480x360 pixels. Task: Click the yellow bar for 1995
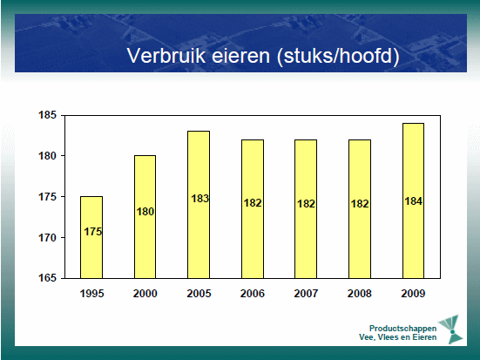91,237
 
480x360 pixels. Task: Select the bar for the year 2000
145,217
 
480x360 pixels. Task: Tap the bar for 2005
199,205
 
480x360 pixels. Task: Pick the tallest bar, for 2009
413,200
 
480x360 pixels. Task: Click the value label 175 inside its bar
92,232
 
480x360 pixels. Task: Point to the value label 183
199,199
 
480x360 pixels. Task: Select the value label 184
413,201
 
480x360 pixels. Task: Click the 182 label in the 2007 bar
306,204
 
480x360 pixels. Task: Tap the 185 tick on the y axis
47,115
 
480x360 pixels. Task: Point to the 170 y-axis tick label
47,237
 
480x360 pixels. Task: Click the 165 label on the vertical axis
47,278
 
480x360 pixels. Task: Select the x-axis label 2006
253,294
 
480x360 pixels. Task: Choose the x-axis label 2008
360,294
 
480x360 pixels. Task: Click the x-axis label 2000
145,294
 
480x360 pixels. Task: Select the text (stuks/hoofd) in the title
338,56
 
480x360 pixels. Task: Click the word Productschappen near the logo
402,329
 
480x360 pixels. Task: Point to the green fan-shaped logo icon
451,329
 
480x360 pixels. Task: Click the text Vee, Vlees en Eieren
397,337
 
